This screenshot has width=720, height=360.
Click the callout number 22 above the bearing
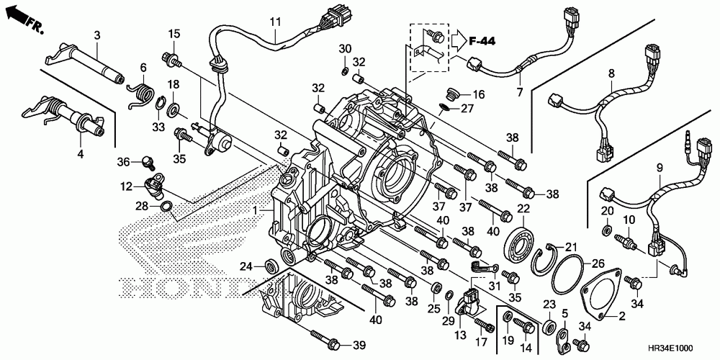(523, 208)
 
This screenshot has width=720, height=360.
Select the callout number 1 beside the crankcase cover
(253, 210)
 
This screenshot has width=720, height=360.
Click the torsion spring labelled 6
(141, 94)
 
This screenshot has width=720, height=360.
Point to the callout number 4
(80, 154)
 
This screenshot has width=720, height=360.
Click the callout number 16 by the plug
(478, 94)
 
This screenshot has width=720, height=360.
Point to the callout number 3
(96, 35)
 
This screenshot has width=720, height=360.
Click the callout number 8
(611, 73)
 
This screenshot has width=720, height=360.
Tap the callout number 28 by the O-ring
(144, 207)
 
